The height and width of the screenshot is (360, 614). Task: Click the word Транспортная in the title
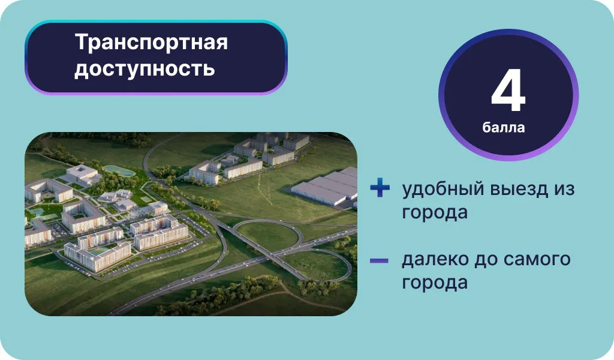151,43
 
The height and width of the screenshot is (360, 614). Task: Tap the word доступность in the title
145,68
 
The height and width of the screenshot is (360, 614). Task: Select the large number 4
508,91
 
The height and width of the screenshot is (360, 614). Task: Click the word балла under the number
504,128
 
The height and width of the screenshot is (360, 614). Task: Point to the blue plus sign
380,188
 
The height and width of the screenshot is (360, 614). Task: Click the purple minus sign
379,260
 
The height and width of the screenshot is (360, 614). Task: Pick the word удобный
443,189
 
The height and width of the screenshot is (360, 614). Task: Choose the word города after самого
435,283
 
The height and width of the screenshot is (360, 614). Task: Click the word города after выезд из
435,213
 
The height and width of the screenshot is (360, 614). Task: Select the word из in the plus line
564,190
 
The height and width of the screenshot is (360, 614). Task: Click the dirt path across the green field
266,188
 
